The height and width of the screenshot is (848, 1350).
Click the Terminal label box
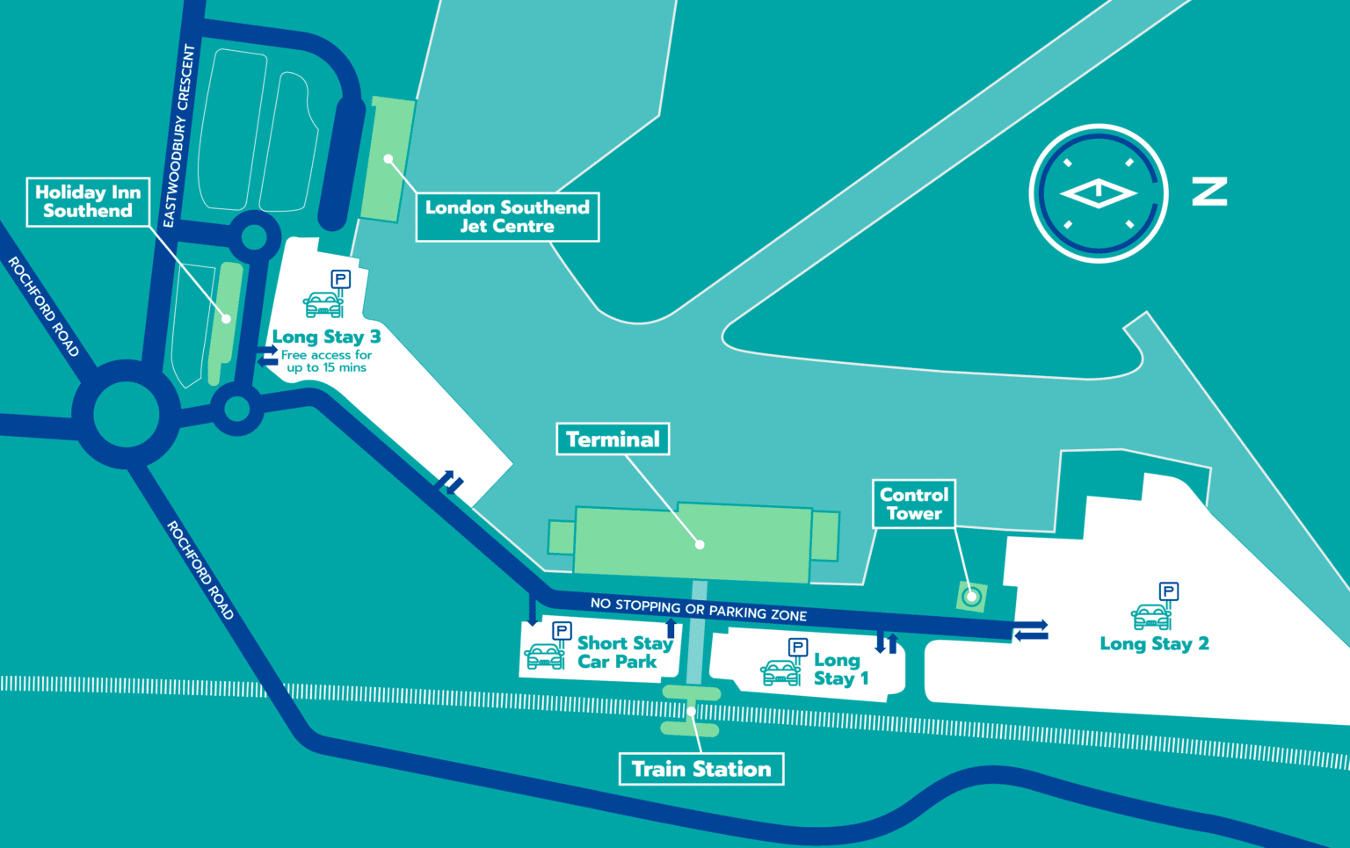coord(613,439)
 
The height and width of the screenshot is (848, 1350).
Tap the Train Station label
coord(701,769)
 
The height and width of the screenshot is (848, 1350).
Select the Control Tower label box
coord(914,504)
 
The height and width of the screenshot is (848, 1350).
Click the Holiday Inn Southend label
coord(88,201)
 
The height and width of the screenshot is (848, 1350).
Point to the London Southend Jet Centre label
coord(507,217)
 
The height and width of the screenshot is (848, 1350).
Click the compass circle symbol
coord(1099,193)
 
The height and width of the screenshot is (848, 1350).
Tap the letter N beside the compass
coord(1209,192)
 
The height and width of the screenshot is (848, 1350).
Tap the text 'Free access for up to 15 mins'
coord(326,361)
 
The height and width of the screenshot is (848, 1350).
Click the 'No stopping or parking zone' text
coord(699,609)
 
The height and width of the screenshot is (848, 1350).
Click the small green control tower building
coord(971,598)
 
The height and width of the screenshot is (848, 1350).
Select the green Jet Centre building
coord(387,159)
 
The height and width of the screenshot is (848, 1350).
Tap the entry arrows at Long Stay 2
coord(1031,631)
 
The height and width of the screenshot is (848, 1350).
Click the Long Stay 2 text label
coord(1154,644)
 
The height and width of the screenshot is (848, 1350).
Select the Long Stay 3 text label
coord(326,337)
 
